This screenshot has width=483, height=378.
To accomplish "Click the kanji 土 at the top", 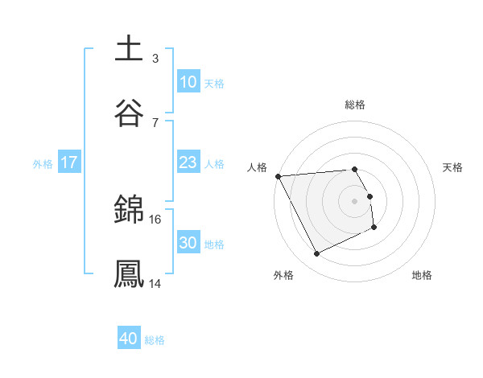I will tap(129, 47).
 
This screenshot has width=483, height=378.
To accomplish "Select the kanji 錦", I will tap(129, 210).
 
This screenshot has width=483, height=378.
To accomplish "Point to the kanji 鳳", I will tap(129, 273).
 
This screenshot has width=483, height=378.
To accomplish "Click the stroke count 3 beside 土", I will tap(155, 58).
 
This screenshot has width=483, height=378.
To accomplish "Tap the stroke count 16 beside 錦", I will tap(155, 219).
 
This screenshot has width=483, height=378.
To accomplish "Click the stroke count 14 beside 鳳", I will tap(155, 283).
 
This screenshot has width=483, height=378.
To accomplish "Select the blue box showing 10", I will tap(188, 82).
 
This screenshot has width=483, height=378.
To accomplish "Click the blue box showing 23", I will tap(188, 162).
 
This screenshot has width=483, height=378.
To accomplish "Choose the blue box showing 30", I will tap(188, 243).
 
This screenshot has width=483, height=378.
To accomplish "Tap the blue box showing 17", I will tap(69, 162).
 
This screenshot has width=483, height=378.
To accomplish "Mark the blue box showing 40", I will tap(129, 339).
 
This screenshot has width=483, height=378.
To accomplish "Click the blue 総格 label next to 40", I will tap(155, 340).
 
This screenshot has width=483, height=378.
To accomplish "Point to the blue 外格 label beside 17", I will tap(43, 163).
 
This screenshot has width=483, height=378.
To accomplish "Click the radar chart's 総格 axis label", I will tap(354, 105).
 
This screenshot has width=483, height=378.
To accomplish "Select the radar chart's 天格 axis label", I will tap(452, 167).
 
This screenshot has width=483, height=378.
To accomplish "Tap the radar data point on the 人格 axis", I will tap(278, 176).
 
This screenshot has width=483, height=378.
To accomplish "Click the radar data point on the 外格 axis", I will tap(316, 254).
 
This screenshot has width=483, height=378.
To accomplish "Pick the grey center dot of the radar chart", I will tap(355, 200).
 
